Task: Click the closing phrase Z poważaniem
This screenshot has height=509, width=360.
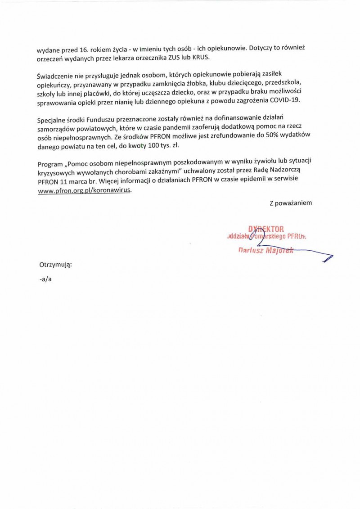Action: point(290,203)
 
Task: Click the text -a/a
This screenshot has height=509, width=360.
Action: point(45,279)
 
